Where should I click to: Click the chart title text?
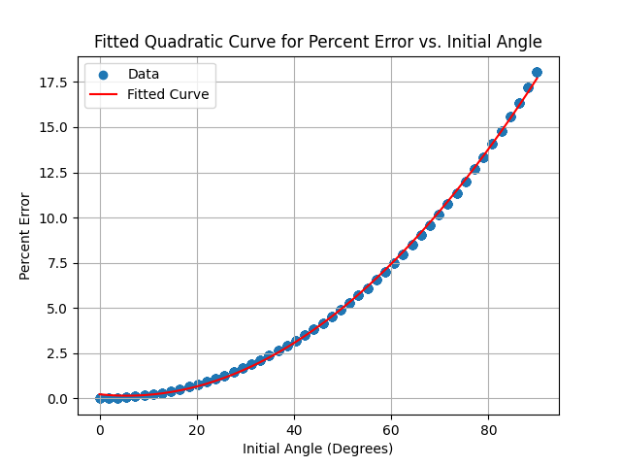click(318, 42)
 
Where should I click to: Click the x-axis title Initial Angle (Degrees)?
click(318, 449)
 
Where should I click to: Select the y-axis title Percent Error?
click(25, 236)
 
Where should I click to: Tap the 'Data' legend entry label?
click(144, 74)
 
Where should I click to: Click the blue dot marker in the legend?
click(104, 75)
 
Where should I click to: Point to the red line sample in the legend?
click(104, 95)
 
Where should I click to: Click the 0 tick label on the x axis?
click(100, 429)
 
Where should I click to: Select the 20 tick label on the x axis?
click(197, 429)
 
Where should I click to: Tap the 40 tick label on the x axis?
click(294, 429)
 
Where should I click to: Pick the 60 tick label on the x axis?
click(391, 429)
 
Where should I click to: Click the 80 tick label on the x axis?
click(488, 429)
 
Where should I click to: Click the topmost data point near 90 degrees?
click(537, 72)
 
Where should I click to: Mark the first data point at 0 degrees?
click(100, 398)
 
